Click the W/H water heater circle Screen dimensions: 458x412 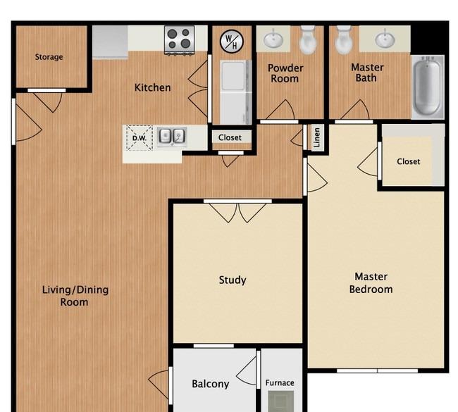[232, 41]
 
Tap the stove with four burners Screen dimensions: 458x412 [180, 40]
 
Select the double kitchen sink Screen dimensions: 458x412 [172, 137]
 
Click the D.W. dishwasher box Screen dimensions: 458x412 [140, 138]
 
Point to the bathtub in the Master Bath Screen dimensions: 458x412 [428, 87]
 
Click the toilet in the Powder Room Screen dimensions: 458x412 [308, 40]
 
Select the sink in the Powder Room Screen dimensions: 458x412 [273, 39]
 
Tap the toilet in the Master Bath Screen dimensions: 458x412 [344, 40]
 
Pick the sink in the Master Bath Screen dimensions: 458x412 [385, 39]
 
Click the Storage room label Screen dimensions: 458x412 [49, 57]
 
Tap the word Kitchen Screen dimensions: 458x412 [152, 87]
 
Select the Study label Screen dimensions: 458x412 [233, 280]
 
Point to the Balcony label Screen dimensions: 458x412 [210, 384]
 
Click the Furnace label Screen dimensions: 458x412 [280, 383]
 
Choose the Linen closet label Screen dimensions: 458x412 [317, 137]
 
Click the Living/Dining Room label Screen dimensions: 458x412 [75, 296]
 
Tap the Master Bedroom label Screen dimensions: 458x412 [371, 282]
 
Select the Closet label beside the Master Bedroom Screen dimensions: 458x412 [409, 161]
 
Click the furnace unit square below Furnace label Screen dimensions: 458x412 [281, 401]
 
